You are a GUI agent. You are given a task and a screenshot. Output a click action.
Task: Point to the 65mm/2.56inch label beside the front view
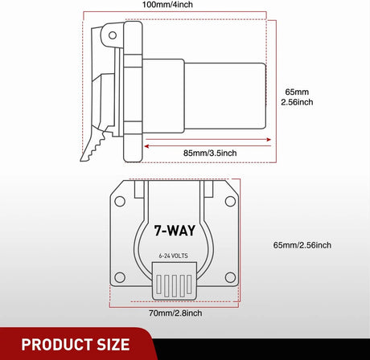point(302,244)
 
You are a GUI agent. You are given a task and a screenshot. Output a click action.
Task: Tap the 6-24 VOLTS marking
point(176,256)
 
